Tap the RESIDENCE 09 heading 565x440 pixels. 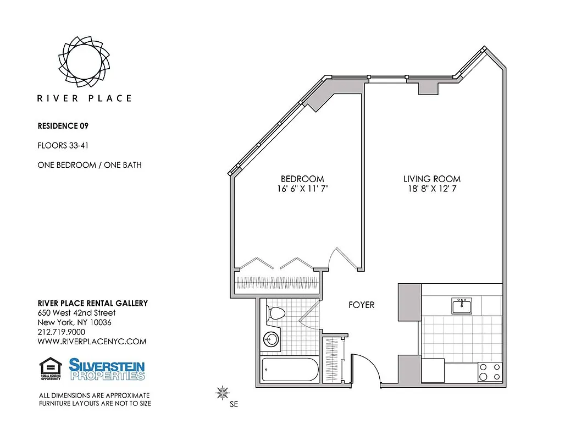click(63, 125)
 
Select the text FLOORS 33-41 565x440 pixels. click(63, 146)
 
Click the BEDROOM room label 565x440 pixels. click(302, 179)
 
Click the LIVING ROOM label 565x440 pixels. click(432, 179)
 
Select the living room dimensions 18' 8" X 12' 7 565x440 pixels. click(432, 189)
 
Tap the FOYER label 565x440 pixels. click(362, 305)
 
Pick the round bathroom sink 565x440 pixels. click(270, 338)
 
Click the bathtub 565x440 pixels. click(289, 370)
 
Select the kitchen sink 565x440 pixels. click(462, 306)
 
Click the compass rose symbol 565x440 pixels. click(223, 393)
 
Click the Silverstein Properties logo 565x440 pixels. click(107, 369)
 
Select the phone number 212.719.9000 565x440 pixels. click(61, 332)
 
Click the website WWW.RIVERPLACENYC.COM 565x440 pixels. click(92, 341)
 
